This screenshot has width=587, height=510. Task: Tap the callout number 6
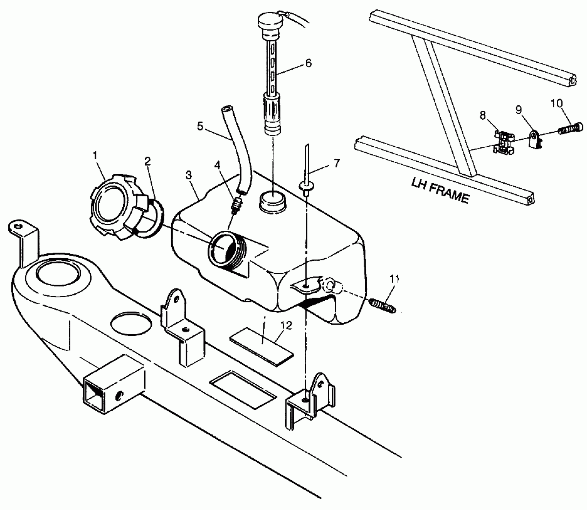pyautogui.click(x=309, y=63)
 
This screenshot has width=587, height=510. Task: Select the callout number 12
pyautogui.click(x=286, y=326)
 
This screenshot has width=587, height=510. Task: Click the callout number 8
pyautogui.click(x=483, y=115)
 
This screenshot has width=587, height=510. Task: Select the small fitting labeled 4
pyautogui.click(x=237, y=205)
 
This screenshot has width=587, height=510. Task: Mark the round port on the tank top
pyautogui.click(x=272, y=203)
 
